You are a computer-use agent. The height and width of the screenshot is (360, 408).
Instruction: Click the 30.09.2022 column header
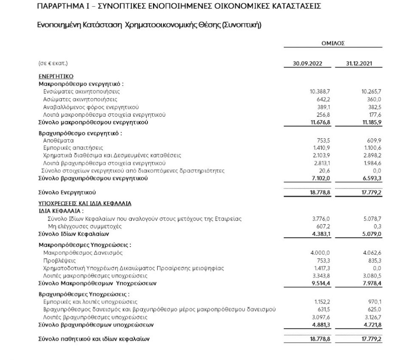coord(308,63)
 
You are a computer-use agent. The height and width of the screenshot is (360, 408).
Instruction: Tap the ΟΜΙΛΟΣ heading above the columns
coord(333,43)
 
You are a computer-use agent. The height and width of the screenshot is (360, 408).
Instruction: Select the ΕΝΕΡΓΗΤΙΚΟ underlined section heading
coord(56,76)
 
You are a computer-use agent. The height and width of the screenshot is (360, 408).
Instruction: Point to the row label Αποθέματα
coord(59,140)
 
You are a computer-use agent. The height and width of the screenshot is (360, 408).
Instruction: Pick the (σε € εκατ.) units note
coord(53,63)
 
